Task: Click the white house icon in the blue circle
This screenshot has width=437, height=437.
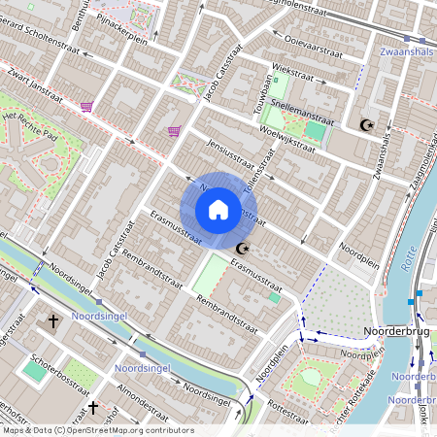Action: tap(218, 210)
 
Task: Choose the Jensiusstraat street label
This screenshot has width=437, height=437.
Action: tap(228, 152)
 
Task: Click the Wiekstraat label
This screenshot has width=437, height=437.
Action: tap(294, 70)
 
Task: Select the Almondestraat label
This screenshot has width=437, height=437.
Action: tap(145, 388)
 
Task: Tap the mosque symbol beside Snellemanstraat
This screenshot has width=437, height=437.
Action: tap(366, 124)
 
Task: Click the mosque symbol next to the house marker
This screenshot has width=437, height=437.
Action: tap(241, 249)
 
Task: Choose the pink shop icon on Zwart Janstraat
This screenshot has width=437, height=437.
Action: tap(87, 107)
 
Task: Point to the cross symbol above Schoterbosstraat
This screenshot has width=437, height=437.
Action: tap(53, 320)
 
